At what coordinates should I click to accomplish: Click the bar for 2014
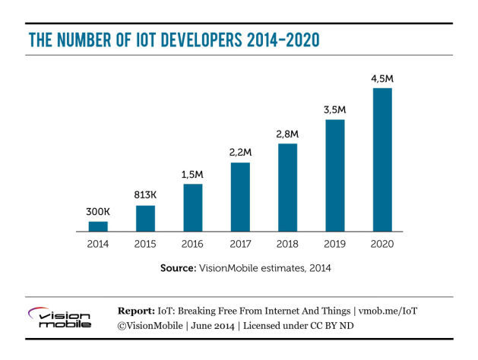point(98,226)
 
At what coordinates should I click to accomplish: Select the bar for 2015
point(145,218)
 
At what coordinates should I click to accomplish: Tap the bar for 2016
point(193,207)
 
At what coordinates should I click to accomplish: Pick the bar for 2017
point(240,197)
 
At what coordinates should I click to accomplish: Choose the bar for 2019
point(335,175)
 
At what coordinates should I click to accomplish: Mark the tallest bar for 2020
point(382,159)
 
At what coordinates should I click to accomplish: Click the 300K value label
point(98,212)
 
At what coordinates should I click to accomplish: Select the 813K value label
point(145,195)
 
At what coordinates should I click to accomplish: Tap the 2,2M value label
point(240,153)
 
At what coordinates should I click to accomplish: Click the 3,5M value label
point(335,109)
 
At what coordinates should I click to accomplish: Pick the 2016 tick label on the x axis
point(193,245)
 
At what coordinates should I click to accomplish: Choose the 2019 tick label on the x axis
point(335,245)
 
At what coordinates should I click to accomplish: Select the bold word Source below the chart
point(178,268)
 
